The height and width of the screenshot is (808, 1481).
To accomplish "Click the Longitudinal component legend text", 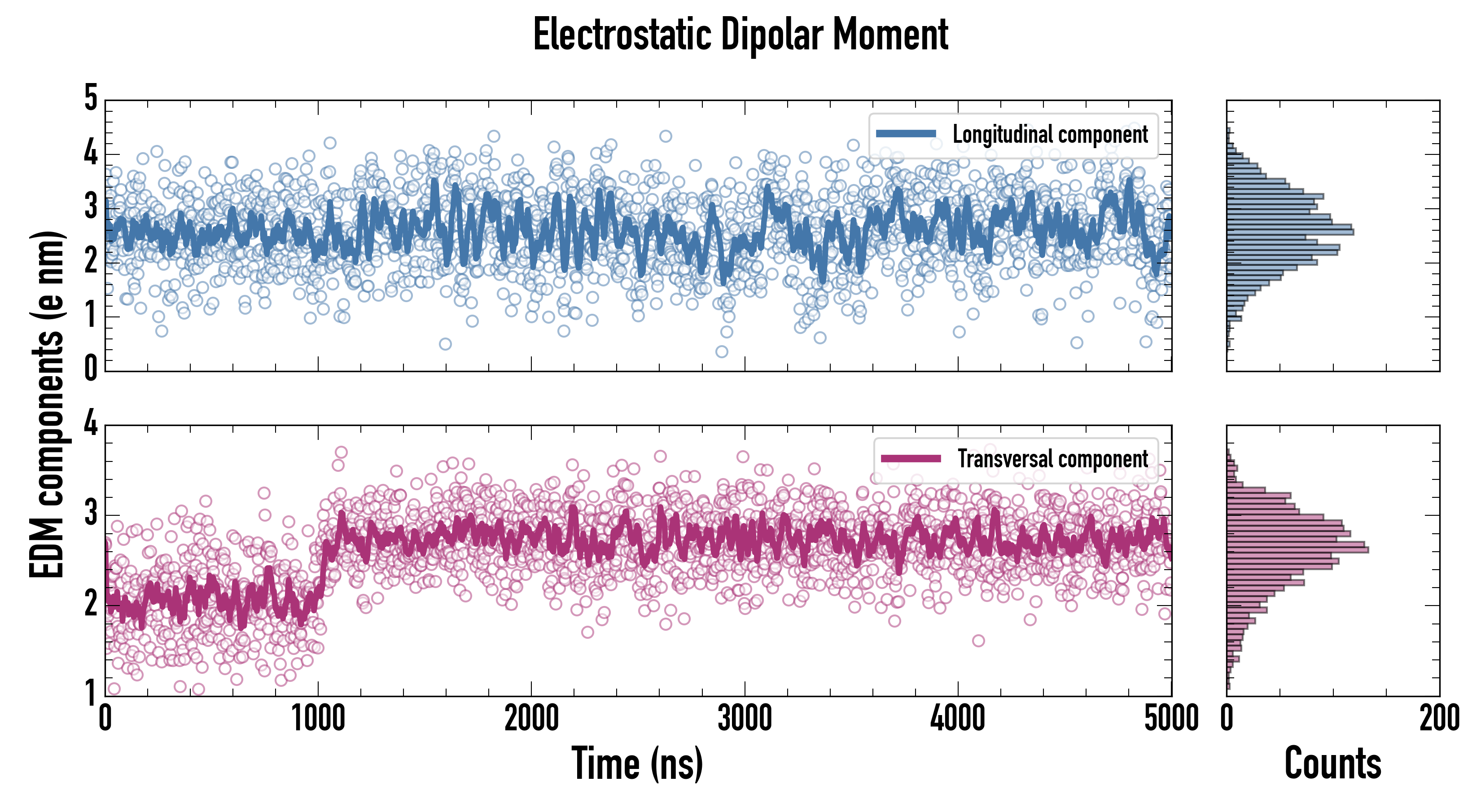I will (1050, 135).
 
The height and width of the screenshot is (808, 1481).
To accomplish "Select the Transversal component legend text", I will (1053, 459).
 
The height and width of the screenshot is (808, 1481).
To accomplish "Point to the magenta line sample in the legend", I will (911, 459).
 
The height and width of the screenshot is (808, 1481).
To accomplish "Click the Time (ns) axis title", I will (637, 763).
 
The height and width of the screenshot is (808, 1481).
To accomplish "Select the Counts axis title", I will (1332, 763).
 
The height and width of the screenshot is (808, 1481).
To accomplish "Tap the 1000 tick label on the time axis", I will (318, 719).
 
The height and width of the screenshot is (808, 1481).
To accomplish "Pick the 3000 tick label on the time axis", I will (745, 719).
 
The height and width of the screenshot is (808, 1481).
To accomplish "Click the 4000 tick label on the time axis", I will (958, 719).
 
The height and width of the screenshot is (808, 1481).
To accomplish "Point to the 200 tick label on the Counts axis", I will (1439, 719).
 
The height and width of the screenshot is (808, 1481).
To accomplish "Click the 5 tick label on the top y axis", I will (91, 98).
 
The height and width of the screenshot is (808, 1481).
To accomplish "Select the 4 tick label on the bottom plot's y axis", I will (91, 424).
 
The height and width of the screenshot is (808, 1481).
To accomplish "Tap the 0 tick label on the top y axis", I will (91, 368).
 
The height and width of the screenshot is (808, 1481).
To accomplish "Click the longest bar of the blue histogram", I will (1290, 232).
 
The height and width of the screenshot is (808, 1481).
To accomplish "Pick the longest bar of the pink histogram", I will (1297, 550).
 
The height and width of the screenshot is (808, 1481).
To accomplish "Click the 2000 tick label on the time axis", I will (531, 719).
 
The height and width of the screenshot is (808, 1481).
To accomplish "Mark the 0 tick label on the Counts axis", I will (1227, 719).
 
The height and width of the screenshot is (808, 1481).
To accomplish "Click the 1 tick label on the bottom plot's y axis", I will (91, 692).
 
